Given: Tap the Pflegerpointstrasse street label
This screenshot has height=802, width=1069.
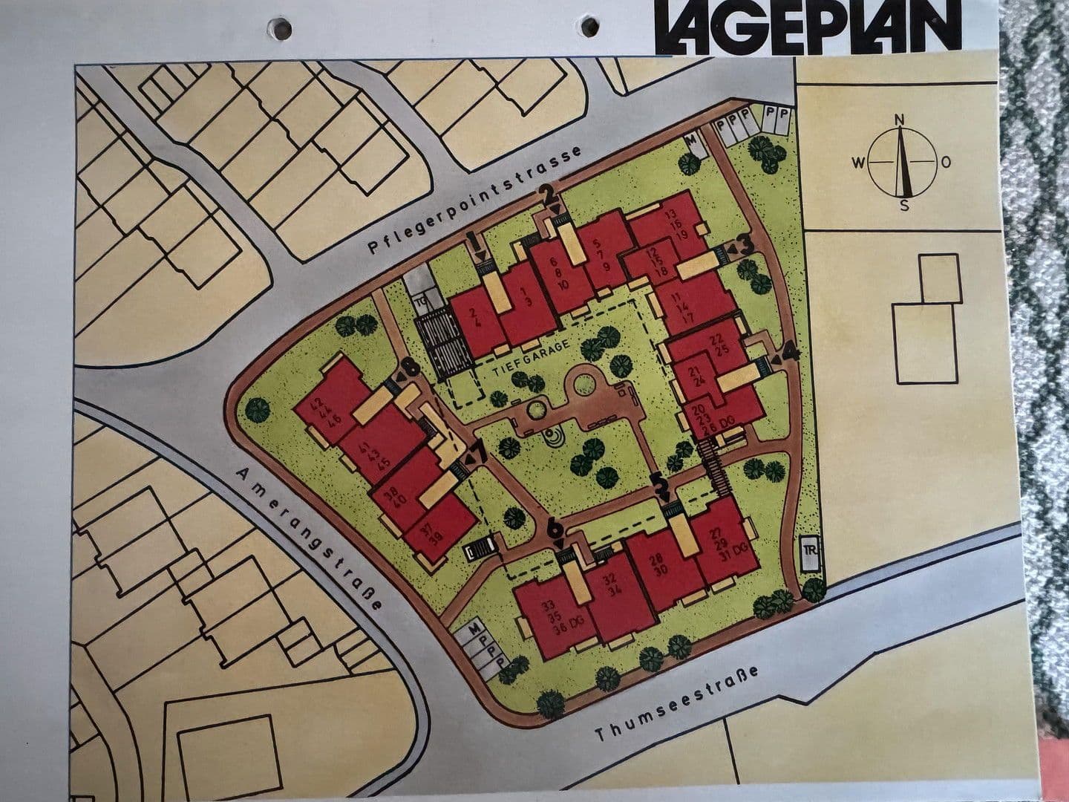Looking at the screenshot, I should (x=475, y=202).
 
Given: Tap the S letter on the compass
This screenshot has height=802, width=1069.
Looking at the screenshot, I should (x=903, y=206).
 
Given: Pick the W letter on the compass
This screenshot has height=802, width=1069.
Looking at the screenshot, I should (x=857, y=163).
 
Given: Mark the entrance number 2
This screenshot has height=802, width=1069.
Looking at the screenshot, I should (x=549, y=195).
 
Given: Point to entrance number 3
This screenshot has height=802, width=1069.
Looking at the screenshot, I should (x=745, y=244).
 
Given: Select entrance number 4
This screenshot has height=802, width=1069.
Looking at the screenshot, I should (x=790, y=352).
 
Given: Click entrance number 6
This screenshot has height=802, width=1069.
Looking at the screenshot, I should (x=555, y=528).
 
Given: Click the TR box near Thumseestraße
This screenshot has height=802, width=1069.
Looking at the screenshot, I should (x=809, y=552).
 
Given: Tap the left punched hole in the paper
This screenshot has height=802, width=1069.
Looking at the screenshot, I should (x=281, y=28).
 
